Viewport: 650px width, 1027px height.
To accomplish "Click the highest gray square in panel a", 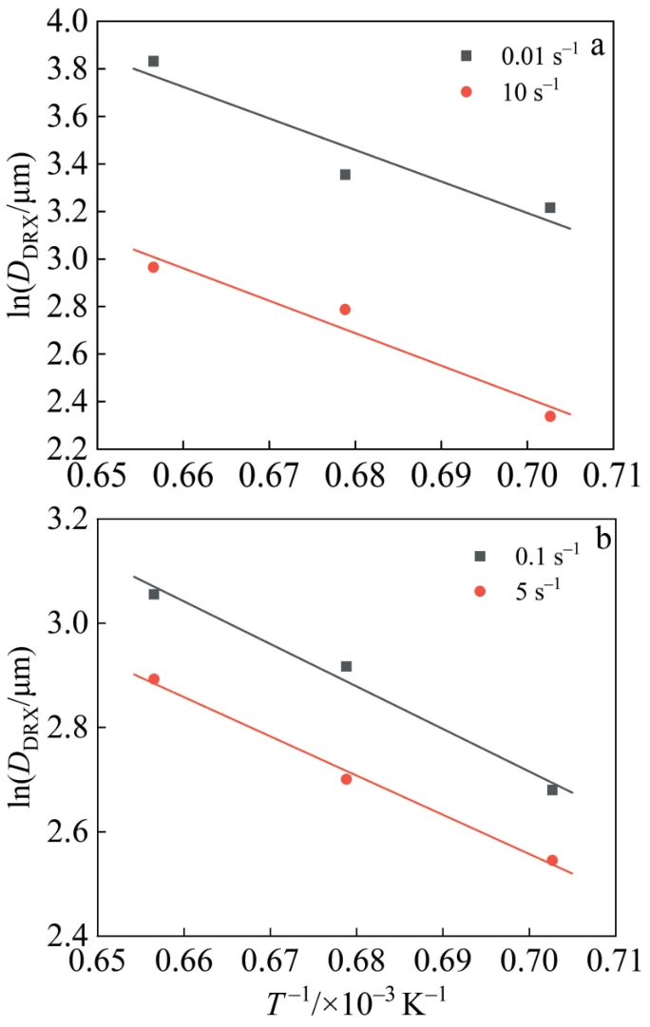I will [153, 61].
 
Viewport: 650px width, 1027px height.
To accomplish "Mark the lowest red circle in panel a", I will [550, 416].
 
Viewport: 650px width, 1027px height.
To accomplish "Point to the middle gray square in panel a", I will [345, 175].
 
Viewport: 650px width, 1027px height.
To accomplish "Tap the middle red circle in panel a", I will [345, 310].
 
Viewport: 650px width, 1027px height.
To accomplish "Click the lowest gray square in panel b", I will [552, 789].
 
